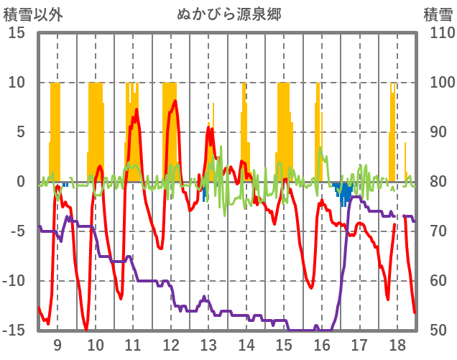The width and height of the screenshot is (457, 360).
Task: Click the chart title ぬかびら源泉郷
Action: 228,14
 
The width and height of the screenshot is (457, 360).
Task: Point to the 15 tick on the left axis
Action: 17,33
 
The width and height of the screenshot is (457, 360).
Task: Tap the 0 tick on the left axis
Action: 21,182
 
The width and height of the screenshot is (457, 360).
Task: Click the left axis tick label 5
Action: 21,132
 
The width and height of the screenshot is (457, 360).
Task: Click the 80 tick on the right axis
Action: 438,182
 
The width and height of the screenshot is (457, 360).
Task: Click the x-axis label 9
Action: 57,344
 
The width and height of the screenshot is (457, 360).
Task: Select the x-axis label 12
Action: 170,344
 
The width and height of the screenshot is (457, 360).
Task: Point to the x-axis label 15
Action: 284,344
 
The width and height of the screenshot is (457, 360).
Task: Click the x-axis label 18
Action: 397,344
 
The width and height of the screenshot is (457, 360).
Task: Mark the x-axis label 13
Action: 208,344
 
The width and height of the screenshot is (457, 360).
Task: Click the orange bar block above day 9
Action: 55,133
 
